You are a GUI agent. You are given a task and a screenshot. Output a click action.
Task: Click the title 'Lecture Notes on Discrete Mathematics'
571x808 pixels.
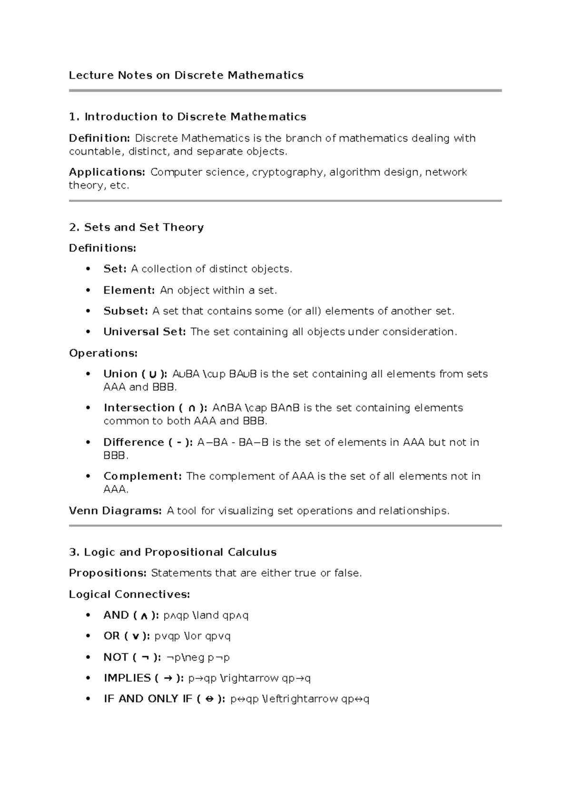[186, 75]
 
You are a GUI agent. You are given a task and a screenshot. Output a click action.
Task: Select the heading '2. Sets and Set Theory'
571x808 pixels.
[136, 227]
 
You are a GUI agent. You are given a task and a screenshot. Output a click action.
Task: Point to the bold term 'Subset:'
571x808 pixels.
[126, 311]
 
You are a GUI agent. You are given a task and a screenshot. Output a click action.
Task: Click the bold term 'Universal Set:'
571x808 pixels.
[144, 332]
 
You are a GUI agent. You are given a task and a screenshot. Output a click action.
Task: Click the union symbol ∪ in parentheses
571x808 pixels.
[152, 374]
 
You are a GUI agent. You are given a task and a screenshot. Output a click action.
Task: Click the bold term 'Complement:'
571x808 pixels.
[142, 476]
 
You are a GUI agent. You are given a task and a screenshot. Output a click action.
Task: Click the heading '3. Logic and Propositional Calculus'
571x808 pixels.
[173, 552]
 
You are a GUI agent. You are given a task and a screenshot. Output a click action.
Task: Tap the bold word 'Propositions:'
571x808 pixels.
[108, 573]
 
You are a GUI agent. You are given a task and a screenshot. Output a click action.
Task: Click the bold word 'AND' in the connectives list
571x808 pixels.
[116, 615]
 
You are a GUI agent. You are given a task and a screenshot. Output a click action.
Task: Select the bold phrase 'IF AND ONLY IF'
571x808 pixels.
[148, 699]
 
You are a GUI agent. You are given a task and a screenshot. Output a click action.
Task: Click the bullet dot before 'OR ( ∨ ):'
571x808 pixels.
[88, 636]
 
